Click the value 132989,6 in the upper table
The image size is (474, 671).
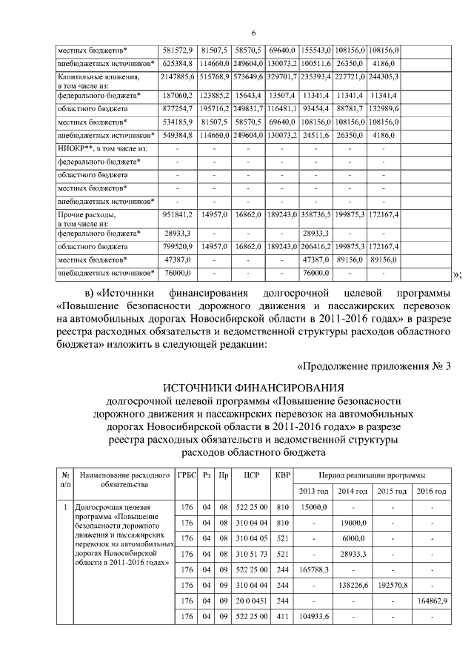(384, 108)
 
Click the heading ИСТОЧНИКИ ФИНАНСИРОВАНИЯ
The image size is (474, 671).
(253, 386)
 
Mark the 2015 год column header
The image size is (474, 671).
(392, 491)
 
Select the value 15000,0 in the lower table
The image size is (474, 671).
(314, 507)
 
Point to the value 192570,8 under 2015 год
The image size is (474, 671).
(392, 585)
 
